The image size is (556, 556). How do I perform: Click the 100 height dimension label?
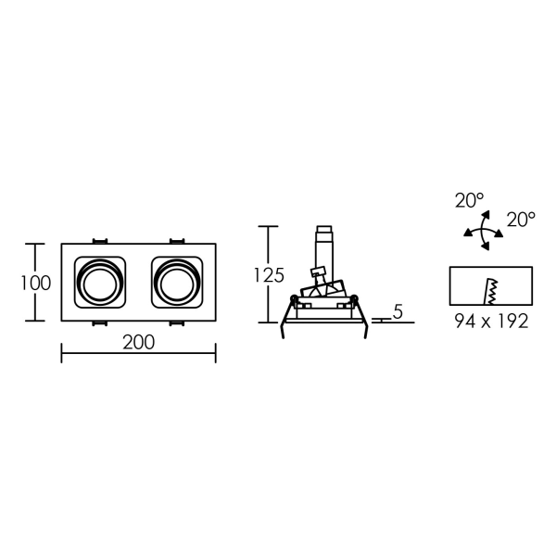[x=36, y=283]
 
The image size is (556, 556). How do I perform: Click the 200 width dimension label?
[x=139, y=342]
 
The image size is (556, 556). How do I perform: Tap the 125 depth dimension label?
[x=269, y=275]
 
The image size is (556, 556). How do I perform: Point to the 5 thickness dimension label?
[x=398, y=312]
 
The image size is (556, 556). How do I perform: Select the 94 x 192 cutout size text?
[x=491, y=322]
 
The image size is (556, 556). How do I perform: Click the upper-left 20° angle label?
[x=469, y=200]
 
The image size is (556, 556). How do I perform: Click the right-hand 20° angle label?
[x=521, y=220]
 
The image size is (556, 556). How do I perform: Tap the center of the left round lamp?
[x=100, y=283]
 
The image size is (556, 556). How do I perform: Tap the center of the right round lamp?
[x=177, y=283]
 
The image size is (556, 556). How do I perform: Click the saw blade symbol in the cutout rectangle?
[x=491, y=292]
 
